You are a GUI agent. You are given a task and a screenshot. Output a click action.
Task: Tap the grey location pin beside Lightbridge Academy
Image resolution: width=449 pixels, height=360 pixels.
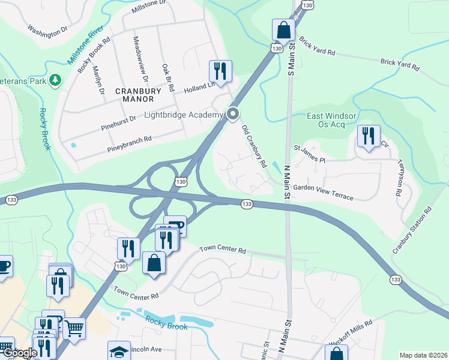[x=232, y=113]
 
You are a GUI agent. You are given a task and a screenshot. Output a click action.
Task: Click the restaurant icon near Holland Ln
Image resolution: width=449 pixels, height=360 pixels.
[x=220, y=71]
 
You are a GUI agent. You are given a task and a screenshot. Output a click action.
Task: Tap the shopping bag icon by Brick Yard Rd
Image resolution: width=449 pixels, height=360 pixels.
[x=283, y=30]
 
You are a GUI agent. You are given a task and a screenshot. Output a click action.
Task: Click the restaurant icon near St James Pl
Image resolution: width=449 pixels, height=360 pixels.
[x=368, y=136]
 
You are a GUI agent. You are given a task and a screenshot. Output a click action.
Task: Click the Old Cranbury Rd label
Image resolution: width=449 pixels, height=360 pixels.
[x=254, y=146]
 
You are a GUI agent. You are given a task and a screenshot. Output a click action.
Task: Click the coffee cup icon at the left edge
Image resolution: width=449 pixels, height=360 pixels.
[x=3, y=266]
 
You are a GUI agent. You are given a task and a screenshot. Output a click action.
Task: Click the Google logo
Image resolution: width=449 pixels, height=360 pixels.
[x=19, y=353]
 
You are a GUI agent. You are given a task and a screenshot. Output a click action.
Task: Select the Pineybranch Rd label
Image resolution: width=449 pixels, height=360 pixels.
[x=130, y=143]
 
